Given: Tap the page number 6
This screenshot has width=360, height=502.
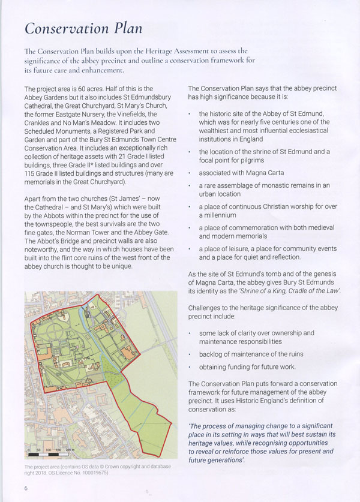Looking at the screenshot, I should point(26,488).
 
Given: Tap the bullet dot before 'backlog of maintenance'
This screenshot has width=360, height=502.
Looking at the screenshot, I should point(190,354).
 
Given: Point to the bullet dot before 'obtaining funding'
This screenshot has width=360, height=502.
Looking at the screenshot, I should point(190,367).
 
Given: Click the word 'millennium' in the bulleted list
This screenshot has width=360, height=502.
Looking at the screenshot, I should point(218,215).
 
